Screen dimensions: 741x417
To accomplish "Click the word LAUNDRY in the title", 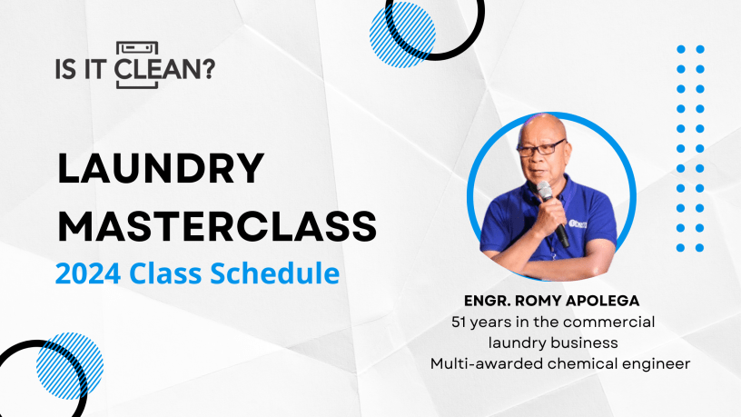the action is pyautogui.click(x=160, y=168).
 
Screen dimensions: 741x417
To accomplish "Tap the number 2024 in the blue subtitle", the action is pyautogui.click(x=88, y=273).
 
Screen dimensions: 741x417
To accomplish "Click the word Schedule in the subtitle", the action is pyautogui.click(x=274, y=273).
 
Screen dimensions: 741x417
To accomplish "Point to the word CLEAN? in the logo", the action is pyautogui.click(x=164, y=69).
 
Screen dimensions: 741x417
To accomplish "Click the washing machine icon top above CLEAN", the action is pyautogui.click(x=137, y=48).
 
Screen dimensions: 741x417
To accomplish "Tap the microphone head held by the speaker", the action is pyautogui.click(x=545, y=190).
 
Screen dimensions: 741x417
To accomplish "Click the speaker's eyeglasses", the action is pyautogui.click(x=541, y=148).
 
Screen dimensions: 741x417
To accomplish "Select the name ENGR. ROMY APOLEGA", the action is pyautogui.click(x=551, y=301).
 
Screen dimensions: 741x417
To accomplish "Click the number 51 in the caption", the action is pyautogui.click(x=459, y=322).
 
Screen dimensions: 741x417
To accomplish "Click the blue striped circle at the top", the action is pyautogui.click(x=402, y=35).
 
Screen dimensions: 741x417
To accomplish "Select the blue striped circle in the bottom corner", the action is pyautogui.click(x=70, y=365).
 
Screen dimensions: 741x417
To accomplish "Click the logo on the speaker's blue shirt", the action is pyautogui.click(x=578, y=223).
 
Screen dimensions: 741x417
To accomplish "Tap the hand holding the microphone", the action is pyautogui.click(x=549, y=217).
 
